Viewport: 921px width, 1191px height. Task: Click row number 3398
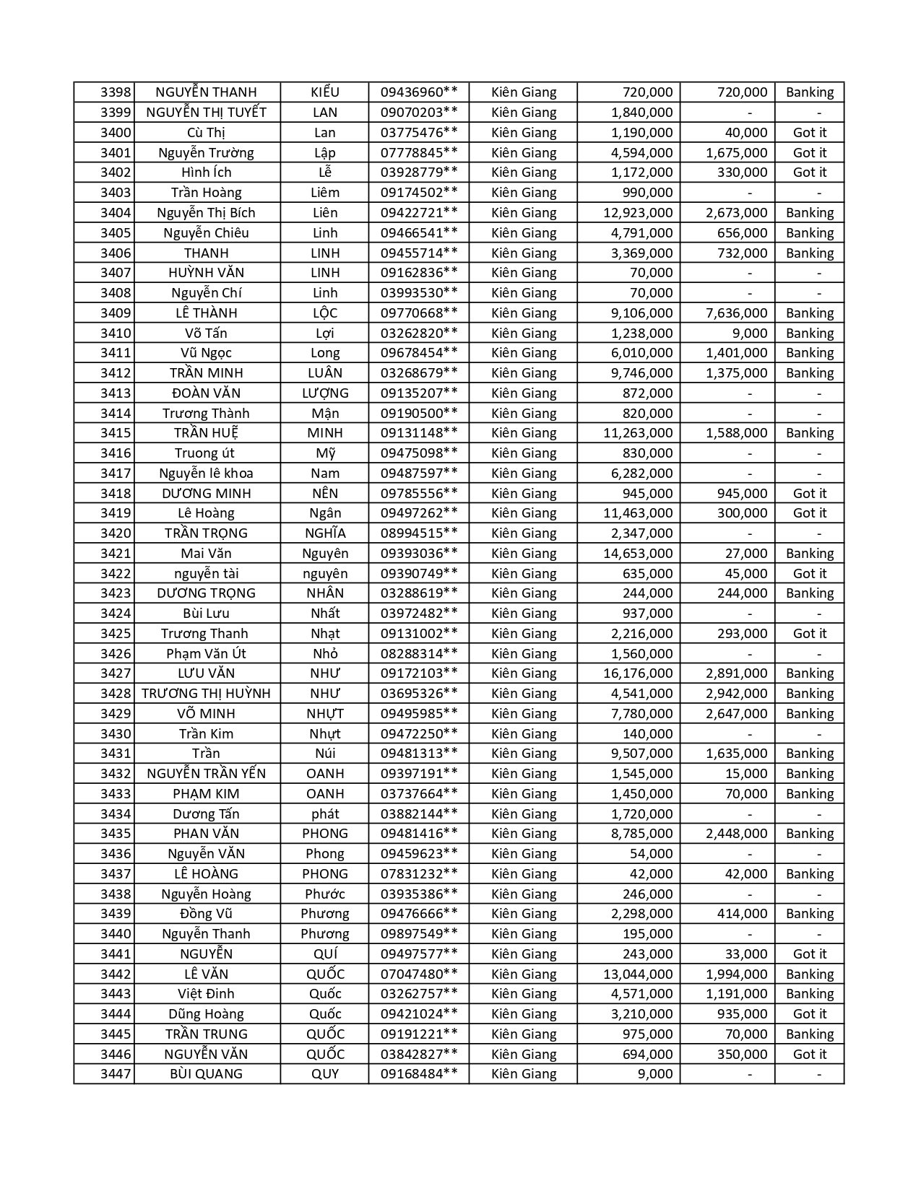tap(116, 92)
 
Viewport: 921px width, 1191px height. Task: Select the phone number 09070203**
tap(419, 113)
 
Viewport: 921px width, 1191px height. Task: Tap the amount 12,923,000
tap(638, 213)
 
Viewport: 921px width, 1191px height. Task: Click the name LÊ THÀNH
tap(206, 313)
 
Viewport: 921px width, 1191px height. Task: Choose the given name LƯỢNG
tap(325, 393)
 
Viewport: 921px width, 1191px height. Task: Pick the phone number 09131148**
tap(419, 433)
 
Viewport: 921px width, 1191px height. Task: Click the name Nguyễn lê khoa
tap(206, 474)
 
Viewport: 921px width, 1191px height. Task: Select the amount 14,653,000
tap(638, 554)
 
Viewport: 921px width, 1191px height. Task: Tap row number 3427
tap(116, 673)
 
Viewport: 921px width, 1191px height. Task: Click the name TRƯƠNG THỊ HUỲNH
tap(206, 694)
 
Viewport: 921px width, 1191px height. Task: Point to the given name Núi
tap(325, 754)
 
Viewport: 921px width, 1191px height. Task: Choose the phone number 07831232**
tap(419, 874)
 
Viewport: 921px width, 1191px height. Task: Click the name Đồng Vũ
tap(206, 914)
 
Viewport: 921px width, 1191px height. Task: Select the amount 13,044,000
tap(638, 974)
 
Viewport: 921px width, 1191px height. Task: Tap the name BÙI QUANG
tap(206, 1074)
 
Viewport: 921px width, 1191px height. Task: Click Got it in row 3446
tap(809, 1055)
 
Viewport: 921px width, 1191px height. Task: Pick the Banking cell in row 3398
tap(809, 92)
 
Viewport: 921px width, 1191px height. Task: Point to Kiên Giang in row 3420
tap(524, 533)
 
